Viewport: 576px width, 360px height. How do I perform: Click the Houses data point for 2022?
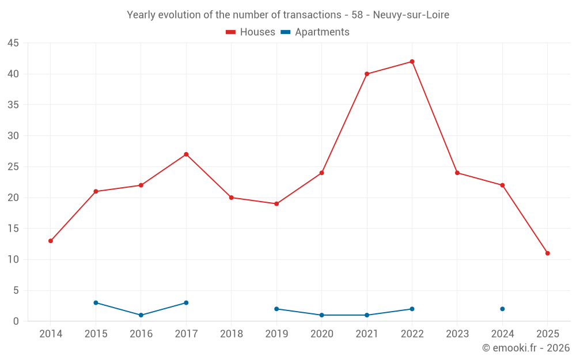tap(412, 62)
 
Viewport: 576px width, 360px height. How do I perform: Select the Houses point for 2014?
tap(51, 241)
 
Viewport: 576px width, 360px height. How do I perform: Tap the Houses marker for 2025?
tap(547, 253)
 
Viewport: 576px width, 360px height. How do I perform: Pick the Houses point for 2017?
tap(186, 154)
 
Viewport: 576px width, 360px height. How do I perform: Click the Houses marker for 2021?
tap(367, 74)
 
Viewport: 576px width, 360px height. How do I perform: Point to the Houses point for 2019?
tap(276, 204)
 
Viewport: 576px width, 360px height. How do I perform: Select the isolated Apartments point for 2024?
tap(502, 309)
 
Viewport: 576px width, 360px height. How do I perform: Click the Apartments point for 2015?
tap(96, 303)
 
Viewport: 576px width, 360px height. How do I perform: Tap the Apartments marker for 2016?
tap(141, 315)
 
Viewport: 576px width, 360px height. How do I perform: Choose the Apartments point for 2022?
tap(412, 309)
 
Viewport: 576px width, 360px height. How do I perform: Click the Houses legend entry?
tap(251, 32)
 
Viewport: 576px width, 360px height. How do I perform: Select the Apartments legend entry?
tap(315, 32)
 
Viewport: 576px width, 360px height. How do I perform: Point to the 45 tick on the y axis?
tap(13, 43)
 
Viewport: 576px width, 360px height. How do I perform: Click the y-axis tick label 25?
tap(13, 167)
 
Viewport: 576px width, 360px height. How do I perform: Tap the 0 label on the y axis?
tap(16, 321)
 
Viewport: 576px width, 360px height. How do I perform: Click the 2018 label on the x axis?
tap(232, 334)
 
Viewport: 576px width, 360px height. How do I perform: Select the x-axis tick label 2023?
tap(457, 334)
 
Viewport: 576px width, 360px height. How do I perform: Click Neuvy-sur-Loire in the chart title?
tap(411, 15)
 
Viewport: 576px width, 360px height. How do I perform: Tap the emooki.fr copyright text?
tap(526, 348)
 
